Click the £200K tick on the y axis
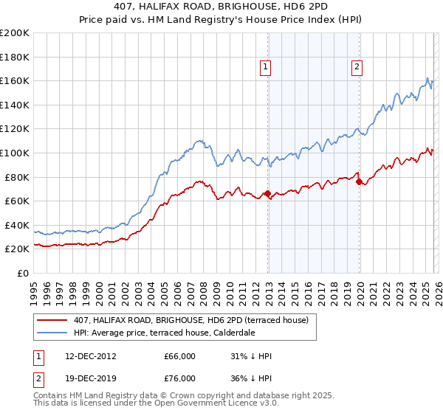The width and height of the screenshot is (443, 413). point(15,33)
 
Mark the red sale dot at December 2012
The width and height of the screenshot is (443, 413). point(267,194)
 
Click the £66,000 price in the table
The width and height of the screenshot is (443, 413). point(179,356)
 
